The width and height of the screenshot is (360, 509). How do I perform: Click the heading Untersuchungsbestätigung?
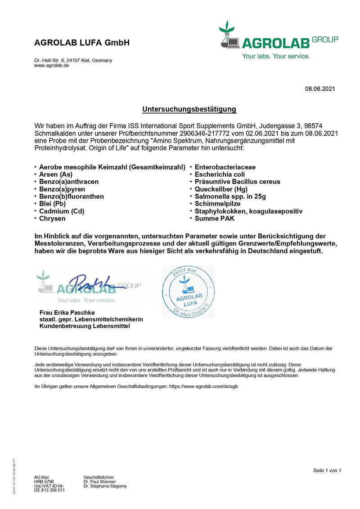click(189, 109)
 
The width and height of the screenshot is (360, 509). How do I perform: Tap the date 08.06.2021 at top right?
click(319, 89)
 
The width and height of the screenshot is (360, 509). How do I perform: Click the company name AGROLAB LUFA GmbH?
click(82, 43)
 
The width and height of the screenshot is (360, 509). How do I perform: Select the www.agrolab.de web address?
click(51, 66)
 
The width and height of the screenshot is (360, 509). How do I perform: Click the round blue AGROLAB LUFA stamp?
click(188, 292)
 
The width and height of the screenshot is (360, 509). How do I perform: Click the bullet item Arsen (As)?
click(56, 174)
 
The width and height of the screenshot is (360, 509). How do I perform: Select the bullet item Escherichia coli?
click(220, 174)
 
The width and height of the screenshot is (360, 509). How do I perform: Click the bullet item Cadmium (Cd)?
click(62, 211)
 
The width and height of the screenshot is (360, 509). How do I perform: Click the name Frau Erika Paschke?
click(67, 313)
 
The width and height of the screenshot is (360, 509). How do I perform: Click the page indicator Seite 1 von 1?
click(327, 470)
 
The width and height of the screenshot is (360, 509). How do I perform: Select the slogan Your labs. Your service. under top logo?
click(276, 57)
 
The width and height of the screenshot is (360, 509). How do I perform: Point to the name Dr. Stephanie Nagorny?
click(105, 486)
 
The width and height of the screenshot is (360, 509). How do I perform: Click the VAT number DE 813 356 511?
click(49, 490)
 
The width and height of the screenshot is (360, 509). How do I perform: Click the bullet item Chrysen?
click(52, 219)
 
